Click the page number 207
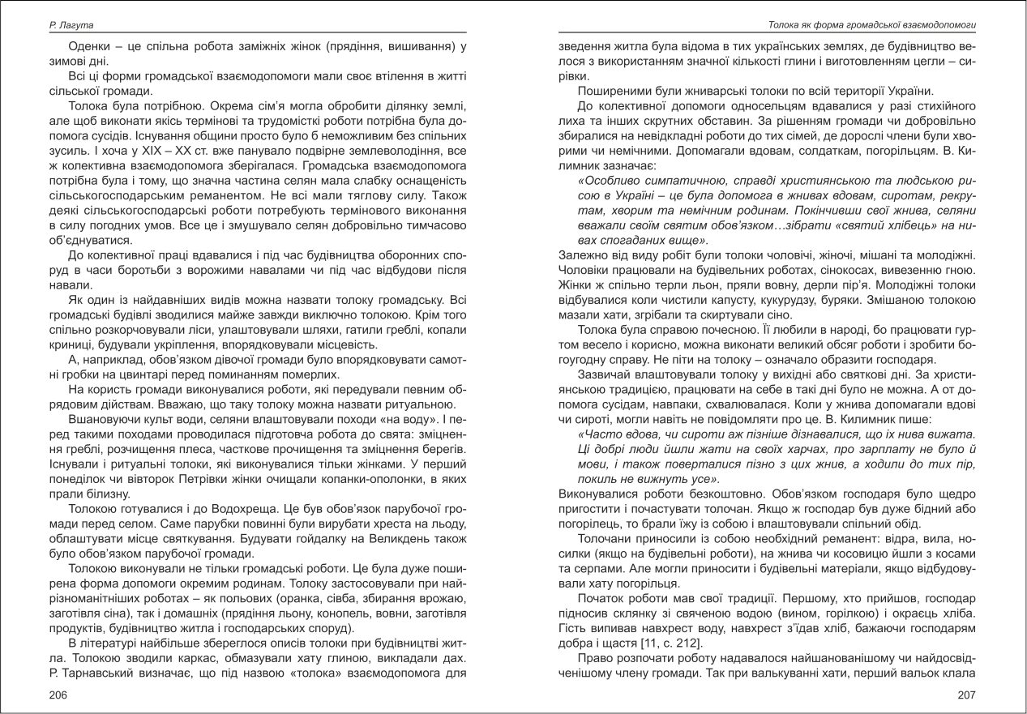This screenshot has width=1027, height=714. (x=966, y=695)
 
